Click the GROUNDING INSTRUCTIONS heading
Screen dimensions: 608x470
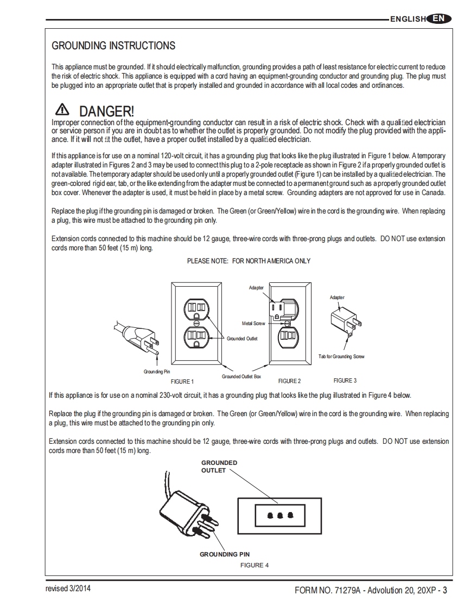(x=113, y=46)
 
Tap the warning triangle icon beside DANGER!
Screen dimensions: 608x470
(x=63, y=110)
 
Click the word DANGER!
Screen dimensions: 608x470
(x=106, y=112)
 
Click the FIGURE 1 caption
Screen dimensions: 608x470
(x=181, y=381)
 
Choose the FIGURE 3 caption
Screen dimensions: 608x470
(x=345, y=380)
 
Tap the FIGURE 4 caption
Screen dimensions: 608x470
(x=255, y=565)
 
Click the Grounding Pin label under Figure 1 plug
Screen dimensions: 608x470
(x=157, y=372)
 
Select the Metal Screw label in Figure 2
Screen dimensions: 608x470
(x=254, y=324)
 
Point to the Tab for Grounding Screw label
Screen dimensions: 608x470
(x=341, y=357)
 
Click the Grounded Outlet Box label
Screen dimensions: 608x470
(x=242, y=376)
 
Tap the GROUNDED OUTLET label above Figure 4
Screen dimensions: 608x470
(x=219, y=466)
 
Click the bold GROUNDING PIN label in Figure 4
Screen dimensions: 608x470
(x=225, y=554)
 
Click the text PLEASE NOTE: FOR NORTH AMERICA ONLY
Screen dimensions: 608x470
(x=249, y=261)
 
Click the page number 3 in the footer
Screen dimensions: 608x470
(x=444, y=590)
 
